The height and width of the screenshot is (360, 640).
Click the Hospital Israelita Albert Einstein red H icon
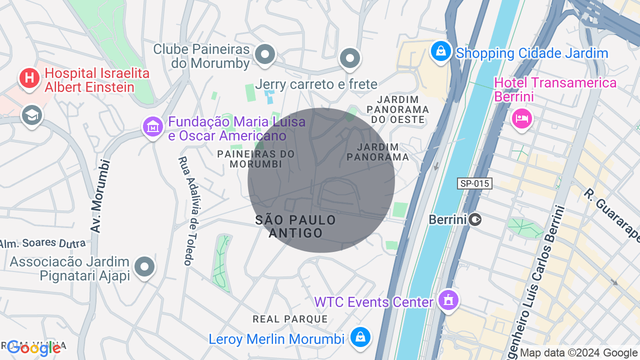[29, 78]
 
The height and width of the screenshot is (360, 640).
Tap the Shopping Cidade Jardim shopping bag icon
[440, 51]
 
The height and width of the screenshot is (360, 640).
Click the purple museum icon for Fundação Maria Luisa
[153, 126]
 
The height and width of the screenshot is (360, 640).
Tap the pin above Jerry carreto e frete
[350, 58]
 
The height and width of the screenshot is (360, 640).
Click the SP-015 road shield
[474, 183]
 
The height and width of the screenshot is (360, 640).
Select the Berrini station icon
[475, 219]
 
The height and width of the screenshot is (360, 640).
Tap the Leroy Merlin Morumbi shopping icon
[360, 337]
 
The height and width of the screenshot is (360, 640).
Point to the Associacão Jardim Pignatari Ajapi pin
[144, 266]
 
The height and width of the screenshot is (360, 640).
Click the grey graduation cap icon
[32, 115]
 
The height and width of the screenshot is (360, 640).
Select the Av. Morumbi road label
[100, 195]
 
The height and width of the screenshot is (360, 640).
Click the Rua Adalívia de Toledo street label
[185, 211]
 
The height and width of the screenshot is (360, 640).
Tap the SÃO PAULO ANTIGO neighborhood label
[295, 226]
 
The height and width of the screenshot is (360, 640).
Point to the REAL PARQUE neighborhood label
[290, 319]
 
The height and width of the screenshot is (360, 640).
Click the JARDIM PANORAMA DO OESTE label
[398, 109]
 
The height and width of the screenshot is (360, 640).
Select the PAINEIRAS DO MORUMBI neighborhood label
[256, 158]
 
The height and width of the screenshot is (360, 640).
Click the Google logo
[34, 348]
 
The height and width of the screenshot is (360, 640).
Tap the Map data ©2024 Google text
[579, 353]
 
